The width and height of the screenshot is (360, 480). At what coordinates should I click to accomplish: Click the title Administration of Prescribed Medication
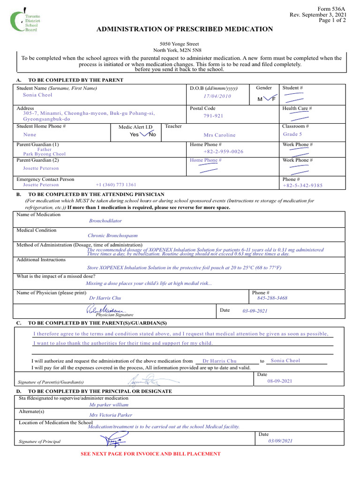tap(184, 29)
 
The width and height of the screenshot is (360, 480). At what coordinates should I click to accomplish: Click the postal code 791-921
tap(213, 116)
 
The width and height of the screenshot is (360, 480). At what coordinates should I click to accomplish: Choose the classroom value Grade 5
tap(293, 134)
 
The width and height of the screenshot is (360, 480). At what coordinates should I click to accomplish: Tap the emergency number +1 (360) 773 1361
tap(116, 185)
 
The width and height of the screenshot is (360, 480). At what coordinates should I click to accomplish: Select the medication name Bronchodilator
tap(105, 220)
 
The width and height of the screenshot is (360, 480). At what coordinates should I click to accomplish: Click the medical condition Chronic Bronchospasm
tap(113, 236)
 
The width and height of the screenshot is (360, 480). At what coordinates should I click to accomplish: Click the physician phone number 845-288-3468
tap(272, 298)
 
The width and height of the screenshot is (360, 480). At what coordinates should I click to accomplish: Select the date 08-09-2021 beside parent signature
tap(280, 381)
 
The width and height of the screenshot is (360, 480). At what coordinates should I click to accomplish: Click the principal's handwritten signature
tap(113, 440)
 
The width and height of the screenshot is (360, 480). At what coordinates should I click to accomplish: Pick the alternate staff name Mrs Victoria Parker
tap(111, 415)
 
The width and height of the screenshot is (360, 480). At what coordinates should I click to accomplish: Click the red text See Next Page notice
tap(150, 454)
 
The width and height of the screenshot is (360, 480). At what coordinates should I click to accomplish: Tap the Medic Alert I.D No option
tap(152, 135)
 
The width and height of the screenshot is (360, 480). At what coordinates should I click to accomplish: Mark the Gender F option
tap(273, 99)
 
